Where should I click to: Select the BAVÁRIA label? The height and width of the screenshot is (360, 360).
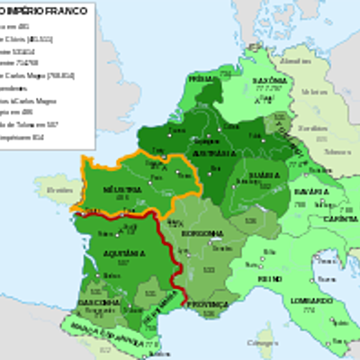pos(315,192)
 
